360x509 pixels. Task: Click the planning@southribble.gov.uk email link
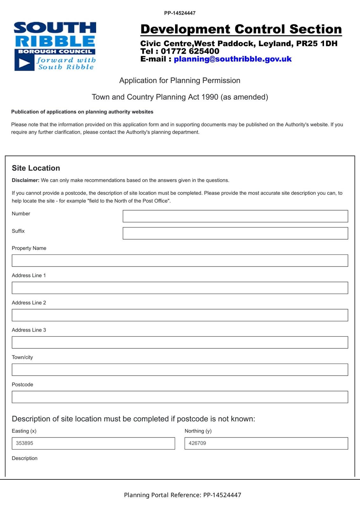click(x=232, y=59)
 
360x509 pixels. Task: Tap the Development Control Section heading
click(x=241, y=29)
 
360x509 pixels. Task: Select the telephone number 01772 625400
click(x=190, y=51)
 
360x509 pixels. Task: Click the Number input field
click(x=235, y=216)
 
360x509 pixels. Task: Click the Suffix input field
click(x=235, y=233)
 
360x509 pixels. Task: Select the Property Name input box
click(x=180, y=261)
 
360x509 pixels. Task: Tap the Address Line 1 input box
click(x=180, y=288)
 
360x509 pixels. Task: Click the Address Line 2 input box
click(x=180, y=315)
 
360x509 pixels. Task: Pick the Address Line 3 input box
click(x=180, y=342)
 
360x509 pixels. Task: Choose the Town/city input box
click(x=180, y=370)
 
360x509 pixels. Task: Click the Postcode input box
click(x=180, y=397)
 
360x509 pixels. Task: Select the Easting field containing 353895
click(x=93, y=443)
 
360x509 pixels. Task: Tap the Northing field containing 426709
click(x=266, y=443)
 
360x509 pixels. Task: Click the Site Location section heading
click(x=36, y=168)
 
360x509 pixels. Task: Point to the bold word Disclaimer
click(x=25, y=180)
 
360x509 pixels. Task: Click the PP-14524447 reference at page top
click(x=180, y=13)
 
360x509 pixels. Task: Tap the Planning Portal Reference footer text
click(x=182, y=495)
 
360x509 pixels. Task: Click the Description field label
click(x=25, y=458)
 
